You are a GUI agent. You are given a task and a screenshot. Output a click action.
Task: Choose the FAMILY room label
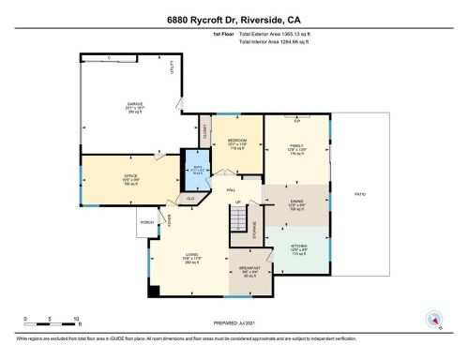tap(296, 145)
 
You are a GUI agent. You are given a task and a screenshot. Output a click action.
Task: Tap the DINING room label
tap(296, 204)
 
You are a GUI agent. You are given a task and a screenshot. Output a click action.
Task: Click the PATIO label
tap(359, 194)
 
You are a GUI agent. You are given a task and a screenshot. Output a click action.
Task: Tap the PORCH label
tap(145, 222)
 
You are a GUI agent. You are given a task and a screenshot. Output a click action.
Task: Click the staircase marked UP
tap(244, 221)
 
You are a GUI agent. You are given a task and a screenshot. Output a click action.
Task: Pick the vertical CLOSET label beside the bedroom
tap(204, 131)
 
